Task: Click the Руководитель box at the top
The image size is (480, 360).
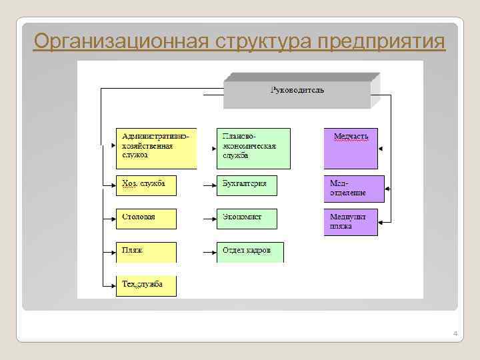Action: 297,91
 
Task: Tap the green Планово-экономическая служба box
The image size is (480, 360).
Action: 253,147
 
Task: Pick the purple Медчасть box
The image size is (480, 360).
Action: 351,147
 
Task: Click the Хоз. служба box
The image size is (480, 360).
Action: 146,185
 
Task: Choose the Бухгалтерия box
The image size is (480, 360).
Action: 247,185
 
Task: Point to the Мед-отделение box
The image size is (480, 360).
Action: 354,189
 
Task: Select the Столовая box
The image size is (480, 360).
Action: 146,219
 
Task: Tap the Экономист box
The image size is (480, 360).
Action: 247,219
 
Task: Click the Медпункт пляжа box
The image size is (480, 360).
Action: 351,222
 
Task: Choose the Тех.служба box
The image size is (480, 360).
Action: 146,285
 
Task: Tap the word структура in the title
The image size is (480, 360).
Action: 263,42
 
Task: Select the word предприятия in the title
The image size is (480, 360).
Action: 381,42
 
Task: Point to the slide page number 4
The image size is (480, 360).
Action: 455,333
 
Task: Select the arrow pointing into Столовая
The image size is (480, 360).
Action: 109,219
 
